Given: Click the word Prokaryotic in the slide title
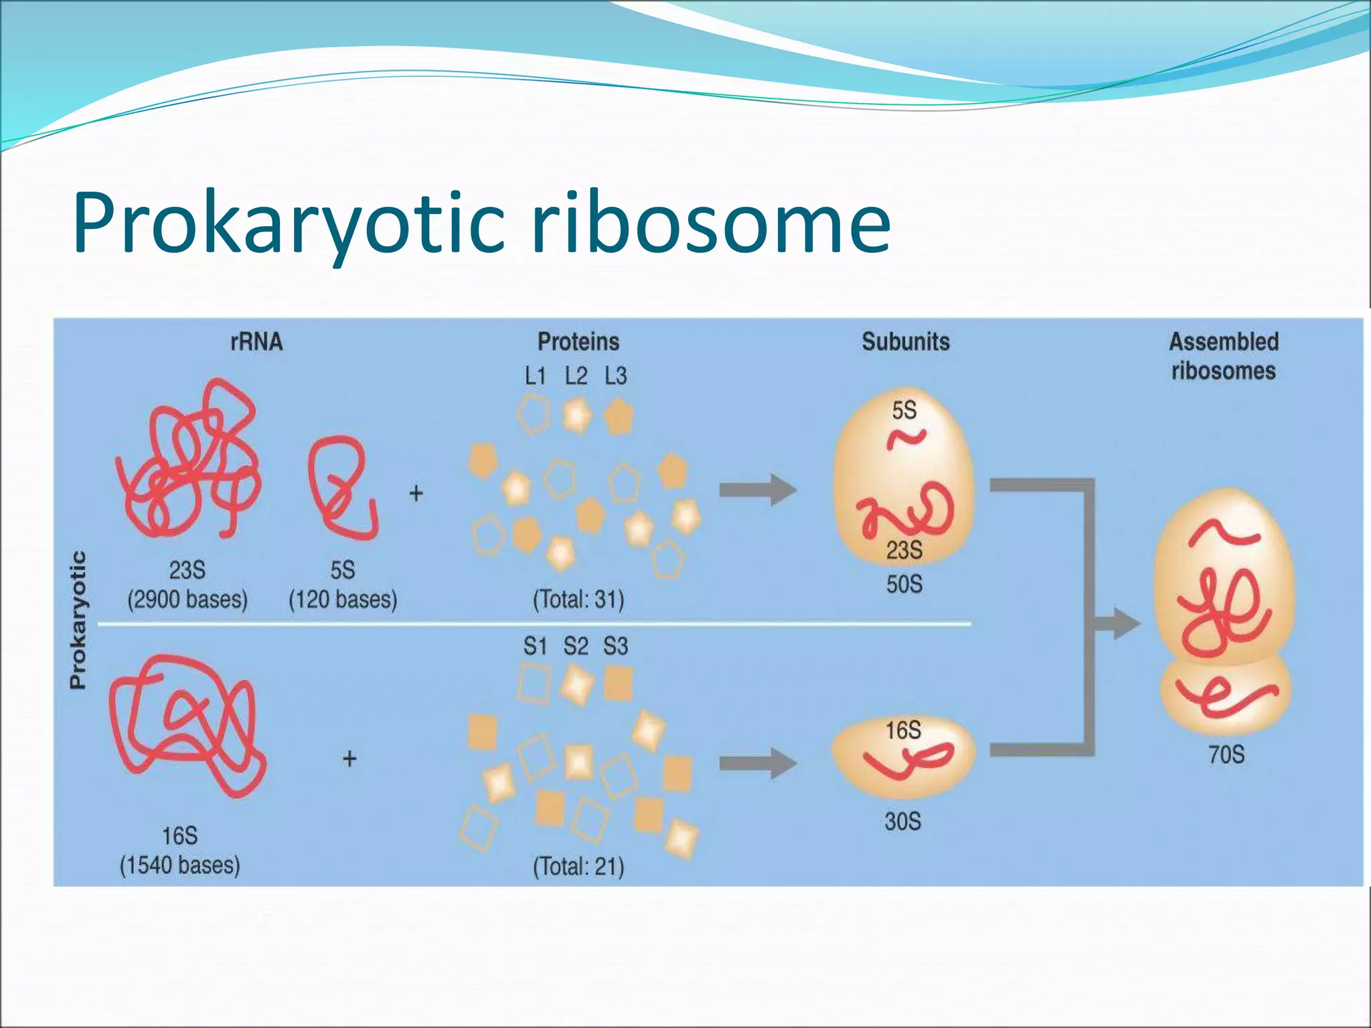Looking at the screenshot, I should (288, 224).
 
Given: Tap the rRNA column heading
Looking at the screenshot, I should (256, 342).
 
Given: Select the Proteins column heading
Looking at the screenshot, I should (578, 342).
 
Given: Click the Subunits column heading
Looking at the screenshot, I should (905, 342).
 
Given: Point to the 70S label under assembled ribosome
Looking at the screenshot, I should (1226, 755).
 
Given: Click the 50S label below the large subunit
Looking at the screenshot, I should (904, 584).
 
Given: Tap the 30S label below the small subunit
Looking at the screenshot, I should (903, 821).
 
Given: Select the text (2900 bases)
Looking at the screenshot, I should (187, 599).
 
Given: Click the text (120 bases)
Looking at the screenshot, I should (343, 599).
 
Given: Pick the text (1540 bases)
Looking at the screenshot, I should (180, 865).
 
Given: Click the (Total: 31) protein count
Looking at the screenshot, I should (578, 599).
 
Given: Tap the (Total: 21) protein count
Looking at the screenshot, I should (578, 867).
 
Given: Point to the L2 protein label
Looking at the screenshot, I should (576, 376).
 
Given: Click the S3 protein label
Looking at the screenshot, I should (615, 647).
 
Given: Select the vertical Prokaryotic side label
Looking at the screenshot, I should (78, 620).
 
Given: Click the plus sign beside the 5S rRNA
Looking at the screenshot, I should (416, 494).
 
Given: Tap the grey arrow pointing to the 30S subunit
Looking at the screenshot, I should (756, 764).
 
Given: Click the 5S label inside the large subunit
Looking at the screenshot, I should (904, 410).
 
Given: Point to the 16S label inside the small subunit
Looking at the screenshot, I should (903, 730).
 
